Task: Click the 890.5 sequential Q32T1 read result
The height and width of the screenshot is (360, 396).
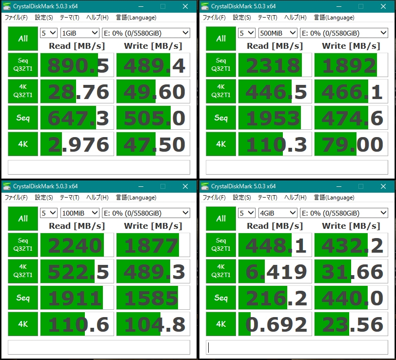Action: pyautogui.click(x=77, y=65)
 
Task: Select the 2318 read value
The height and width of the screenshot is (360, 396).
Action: pyautogui.click(x=275, y=65)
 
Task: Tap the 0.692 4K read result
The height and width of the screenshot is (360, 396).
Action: pyautogui.click(x=275, y=324)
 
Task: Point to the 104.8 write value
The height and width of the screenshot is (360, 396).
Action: pyautogui.click(x=152, y=324)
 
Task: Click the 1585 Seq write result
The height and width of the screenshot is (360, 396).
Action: pyautogui.click(x=152, y=298)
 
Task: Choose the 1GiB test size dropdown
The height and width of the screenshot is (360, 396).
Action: pyautogui.click(x=79, y=33)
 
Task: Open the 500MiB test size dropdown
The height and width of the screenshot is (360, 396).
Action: pyautogui.click(x=277, y=33)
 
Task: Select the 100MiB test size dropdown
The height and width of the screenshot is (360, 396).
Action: pyautogui.click(x=79, y=213)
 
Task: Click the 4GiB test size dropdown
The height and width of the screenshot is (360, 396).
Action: pyautogui.click(x=277, y=213)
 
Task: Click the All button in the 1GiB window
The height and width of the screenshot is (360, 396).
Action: pyautogui.click(x=23, y=39)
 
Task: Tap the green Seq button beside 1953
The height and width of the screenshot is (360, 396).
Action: pyautogui.click(x=221, y=118)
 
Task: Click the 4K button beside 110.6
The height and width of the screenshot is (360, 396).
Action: pyautogui.click(x=23, y=324)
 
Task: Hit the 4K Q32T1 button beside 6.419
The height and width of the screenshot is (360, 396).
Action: pyautogui.click(x=221, y=271)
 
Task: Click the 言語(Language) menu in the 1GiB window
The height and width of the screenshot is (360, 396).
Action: pyautogui.click(x=136, y=18)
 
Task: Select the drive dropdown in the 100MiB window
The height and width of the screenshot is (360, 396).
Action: pyautogui.click(x=145, y=213)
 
